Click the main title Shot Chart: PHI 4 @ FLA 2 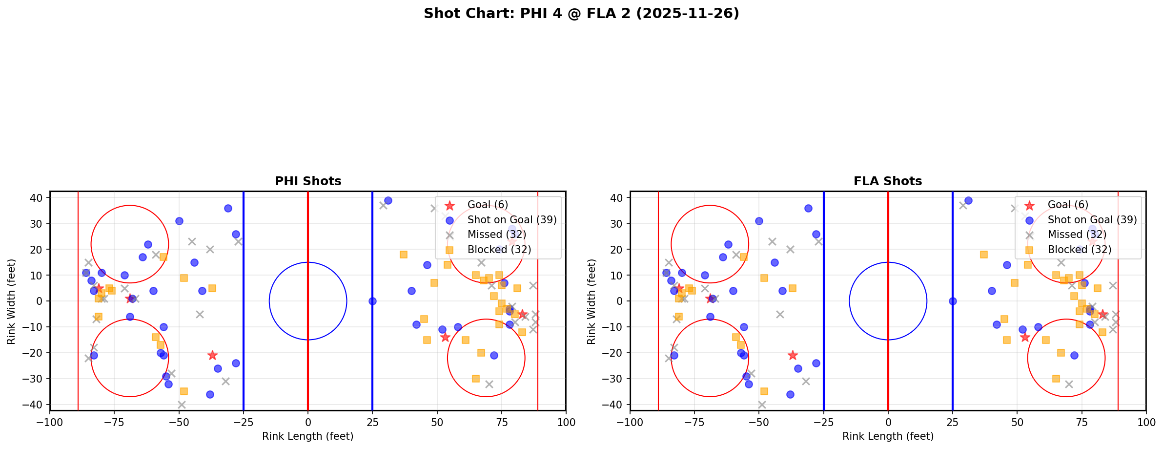[x=581, y=14]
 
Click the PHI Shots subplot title [x=308, y=181]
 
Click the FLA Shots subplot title [x=888, y=181]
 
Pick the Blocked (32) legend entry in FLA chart [x=1079, y=250]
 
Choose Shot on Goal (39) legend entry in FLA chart [x=1092, y=220]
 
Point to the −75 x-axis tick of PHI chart [x=114, y=422]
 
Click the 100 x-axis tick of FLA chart [x=1145, y=422]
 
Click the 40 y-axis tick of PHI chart [x=40, y=198]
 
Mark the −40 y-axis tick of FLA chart [x=616, y=405]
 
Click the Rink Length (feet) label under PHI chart [x=308, y=436]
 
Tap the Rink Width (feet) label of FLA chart [x=592, y=301]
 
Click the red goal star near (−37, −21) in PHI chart [x=212, y=355]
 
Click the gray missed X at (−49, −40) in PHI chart [x=182, y=405]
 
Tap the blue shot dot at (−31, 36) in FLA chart [x=808, y=208]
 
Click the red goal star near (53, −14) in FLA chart [x=1025, y=337]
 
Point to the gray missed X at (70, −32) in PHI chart [x=489, y=384]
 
